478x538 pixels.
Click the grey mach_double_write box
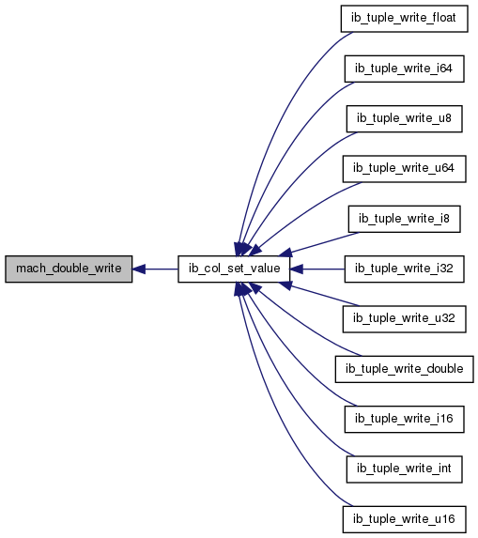click(69, 269)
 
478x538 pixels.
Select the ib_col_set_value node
click(234, 269)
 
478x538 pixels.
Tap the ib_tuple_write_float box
click(404, 19)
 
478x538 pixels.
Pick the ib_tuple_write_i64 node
click(404, 69)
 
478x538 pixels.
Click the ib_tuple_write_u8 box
click(404, 118)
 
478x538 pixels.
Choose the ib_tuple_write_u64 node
click(404, 169)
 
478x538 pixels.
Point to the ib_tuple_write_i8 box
click(404, 219)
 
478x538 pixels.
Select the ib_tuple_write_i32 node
click(404, 269)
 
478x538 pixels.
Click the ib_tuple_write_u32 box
click(404, 319)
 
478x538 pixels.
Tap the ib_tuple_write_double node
click(404, 369)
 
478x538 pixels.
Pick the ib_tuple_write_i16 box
click(404, 420)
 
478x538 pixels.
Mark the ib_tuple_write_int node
click(404, 469)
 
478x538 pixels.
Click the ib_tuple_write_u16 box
click(404, 519)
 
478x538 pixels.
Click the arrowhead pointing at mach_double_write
click(139, 269)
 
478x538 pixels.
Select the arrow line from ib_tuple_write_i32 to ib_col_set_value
click(317, 269)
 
